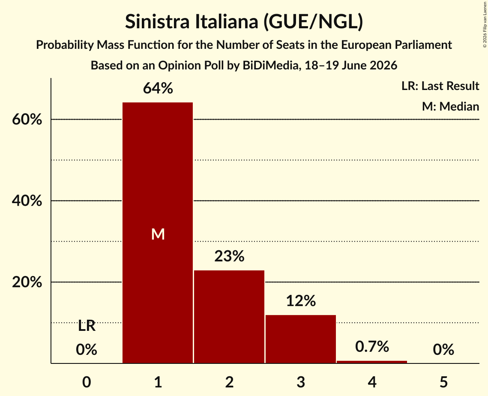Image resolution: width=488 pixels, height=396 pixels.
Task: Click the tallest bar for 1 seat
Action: coord(158,233)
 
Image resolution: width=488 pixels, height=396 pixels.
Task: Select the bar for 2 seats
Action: coord(229,317)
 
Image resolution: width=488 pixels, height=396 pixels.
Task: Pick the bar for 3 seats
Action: coord(301,339)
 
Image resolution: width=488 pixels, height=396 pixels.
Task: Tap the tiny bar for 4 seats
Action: coord(372,362)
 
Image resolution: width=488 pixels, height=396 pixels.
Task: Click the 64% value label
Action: coord(158,88)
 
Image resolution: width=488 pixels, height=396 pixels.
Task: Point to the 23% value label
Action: coord(229,256)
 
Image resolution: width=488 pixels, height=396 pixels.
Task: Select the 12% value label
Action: coord(301,301)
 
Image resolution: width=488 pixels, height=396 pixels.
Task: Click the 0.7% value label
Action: coord(372,346)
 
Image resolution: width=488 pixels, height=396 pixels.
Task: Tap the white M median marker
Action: coord(158,234)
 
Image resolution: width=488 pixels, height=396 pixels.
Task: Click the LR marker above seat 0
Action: coord(87,326)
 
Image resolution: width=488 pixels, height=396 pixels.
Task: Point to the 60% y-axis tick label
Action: coord(27,119)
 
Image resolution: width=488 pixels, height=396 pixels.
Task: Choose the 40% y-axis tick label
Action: coord(27,201)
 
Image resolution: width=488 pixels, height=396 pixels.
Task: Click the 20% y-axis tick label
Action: coord(27,282)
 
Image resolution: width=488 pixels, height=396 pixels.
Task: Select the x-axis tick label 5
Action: coord(443,382)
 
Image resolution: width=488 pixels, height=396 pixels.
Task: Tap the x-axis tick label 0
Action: coord(87,382)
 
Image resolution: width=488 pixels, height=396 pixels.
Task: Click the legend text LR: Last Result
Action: coord(440,86)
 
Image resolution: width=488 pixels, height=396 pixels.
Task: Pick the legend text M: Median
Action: coord(450,106)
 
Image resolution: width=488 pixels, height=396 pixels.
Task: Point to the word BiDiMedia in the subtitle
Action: coord(270,66)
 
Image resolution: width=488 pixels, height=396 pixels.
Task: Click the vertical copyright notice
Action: coord(485,24)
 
